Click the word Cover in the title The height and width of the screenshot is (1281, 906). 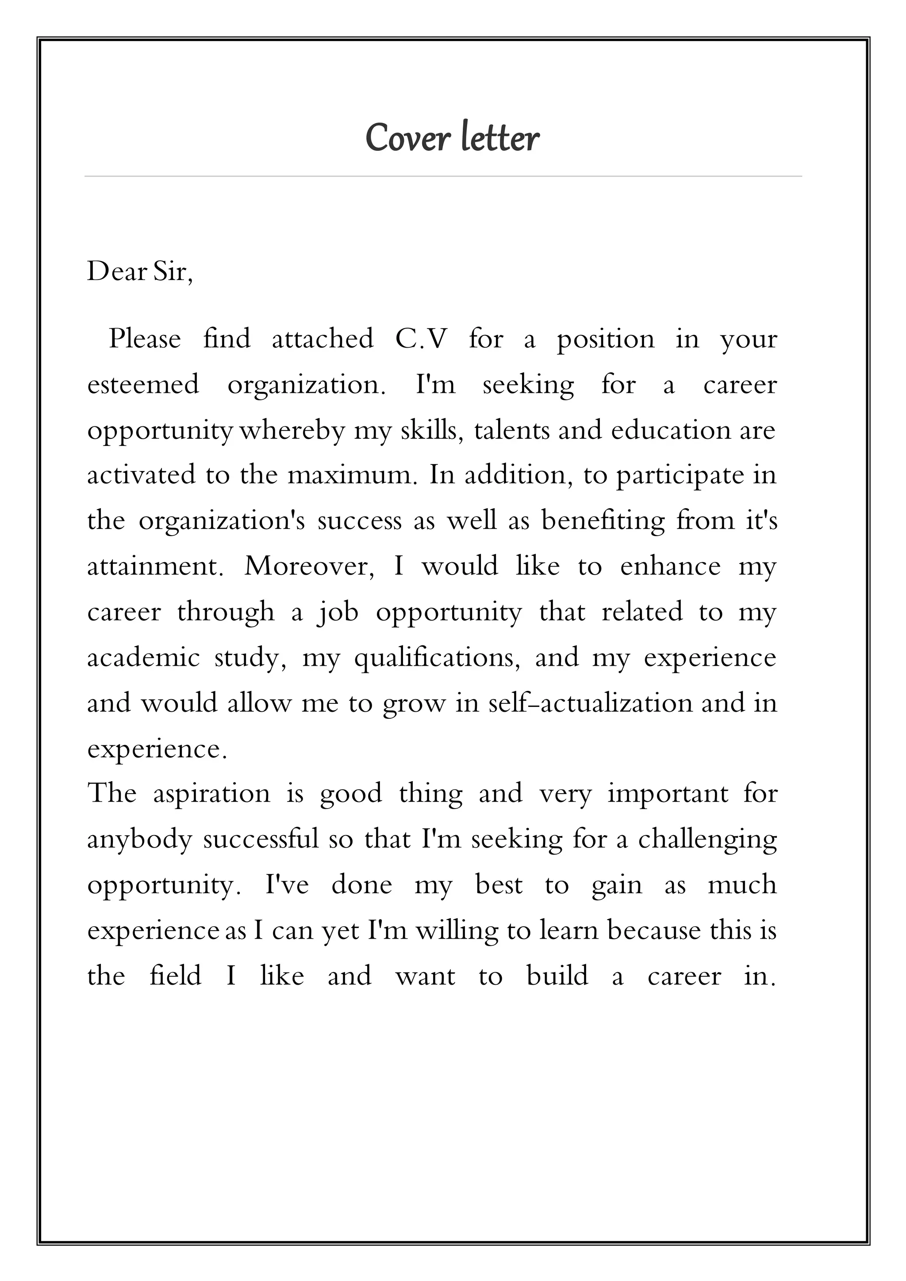point(407,138)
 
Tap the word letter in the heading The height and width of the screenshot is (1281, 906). point(500,138)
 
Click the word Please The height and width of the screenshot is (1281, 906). point(145,339)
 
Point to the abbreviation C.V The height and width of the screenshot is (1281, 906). point(421,339)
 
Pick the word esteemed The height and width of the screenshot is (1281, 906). point(143,385)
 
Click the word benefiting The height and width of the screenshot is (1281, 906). point(603,521)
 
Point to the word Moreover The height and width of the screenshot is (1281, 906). point(310,566)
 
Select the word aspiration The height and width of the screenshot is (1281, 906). point(211,794)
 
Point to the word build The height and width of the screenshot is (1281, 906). point(557,976)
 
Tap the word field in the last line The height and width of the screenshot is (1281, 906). point(175,976)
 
